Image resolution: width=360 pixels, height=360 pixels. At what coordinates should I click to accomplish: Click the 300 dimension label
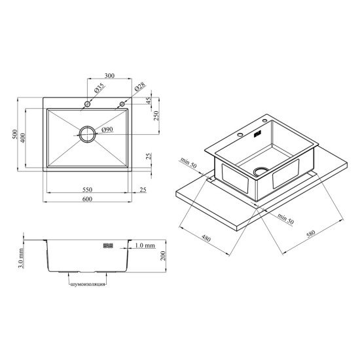(x=109, y=75)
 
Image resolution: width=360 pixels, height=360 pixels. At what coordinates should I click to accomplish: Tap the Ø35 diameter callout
(x=99, y=88)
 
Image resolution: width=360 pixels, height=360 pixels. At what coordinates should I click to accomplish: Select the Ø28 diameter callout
(x=140, y=87)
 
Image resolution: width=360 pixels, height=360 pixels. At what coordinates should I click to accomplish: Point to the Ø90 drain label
(x=107, y=130)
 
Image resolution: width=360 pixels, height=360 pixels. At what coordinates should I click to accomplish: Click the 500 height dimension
(x=15, y=134)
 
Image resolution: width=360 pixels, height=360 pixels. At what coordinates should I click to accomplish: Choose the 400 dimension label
(x=23, y=137)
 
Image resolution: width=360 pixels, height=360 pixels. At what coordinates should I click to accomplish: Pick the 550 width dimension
(x=87, y=190)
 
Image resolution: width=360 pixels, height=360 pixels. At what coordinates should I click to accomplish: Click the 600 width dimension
(x=87, y=199)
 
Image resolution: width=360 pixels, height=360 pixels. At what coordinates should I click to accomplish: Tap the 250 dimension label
(x=156, y=116)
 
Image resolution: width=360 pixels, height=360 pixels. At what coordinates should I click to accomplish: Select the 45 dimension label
(x=149, y=101)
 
